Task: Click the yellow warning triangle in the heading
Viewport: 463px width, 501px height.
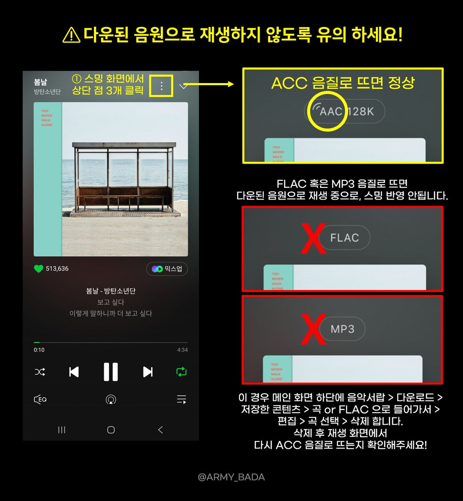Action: [x=71, y=35]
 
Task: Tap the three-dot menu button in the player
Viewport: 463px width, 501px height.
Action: [x=161, y=86]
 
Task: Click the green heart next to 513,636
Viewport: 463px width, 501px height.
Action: [x=38, y=268]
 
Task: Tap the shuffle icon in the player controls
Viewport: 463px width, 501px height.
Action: [x=40, y=372]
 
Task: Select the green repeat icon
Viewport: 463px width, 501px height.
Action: [x=181, y=372]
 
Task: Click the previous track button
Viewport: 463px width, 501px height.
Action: [x=74, y=372]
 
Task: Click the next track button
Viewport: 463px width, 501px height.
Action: [x=148, y=372]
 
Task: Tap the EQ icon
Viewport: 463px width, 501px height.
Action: [x=40, y=400]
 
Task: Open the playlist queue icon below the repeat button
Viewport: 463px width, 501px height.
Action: [x=181, y=400]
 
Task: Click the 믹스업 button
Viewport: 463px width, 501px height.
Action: [x=167, y=269]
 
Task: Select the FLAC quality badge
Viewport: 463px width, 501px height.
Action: [x=345, y=238]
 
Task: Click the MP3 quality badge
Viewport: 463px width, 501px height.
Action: [x=342, y=329]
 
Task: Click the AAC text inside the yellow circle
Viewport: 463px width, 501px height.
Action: [x=330, y=111]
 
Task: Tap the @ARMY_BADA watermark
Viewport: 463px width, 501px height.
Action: [x=231, y=477]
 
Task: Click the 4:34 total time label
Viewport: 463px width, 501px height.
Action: [x=182, y=350]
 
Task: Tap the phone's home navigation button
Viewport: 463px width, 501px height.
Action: [x=111, y=430]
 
